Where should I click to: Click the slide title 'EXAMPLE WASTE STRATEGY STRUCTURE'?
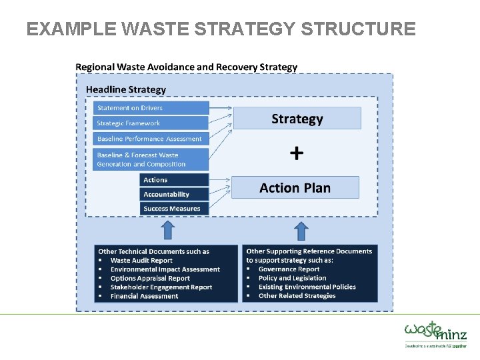click(221, 29)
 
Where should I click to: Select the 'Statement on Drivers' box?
click(151, 108)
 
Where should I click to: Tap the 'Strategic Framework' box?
click(151, 123)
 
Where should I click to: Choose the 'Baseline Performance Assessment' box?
click(151, 139)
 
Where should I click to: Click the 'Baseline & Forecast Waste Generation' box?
click(151, 159)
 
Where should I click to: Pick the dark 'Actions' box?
click(175, 180)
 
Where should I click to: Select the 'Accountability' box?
click(175, 195)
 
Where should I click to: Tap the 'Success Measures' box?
click(175, 209)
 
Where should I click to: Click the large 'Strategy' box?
click(297, 119)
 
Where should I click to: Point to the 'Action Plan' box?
click(295, 188)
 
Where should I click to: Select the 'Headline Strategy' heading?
click(126, 89)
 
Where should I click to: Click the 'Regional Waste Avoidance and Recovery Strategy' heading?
click(187, 67)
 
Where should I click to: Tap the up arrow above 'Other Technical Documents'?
click(168, 231)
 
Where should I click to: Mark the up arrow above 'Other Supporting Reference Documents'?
click(301, 231)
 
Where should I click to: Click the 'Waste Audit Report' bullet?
click(141, 261)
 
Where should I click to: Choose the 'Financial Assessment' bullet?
click(144, 296)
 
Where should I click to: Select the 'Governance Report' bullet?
click(289, 269)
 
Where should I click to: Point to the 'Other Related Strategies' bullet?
click(297, 296)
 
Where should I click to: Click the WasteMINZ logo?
click(435, 332)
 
